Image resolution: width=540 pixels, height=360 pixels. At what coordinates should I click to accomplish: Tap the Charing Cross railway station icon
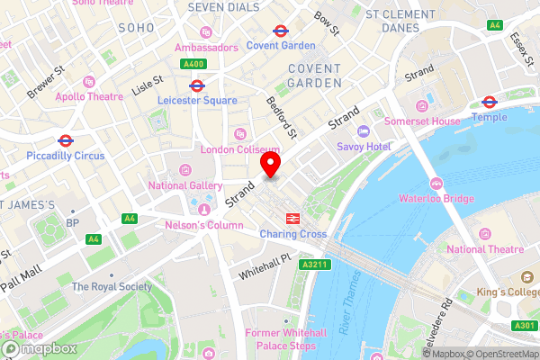tap(292, 218)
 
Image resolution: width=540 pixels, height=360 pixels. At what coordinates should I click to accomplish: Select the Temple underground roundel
tap(490, 102)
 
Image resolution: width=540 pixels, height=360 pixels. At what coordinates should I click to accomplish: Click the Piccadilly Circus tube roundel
tap(65, 140)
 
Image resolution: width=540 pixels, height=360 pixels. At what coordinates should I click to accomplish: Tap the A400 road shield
tap(194, 64)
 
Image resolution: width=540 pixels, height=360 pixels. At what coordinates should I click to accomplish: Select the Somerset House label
tap(421, 121)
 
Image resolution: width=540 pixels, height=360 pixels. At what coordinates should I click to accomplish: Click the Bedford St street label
tap(282, 118)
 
